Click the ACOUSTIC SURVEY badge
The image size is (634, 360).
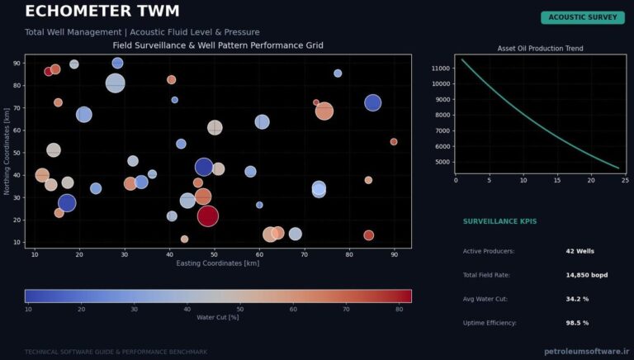tap(583, 17)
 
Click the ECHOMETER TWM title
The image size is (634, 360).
tap(102, 11)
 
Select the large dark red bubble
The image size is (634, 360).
tap(208, 216)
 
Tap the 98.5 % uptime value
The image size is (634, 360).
tap(577, 323)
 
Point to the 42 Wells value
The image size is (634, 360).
tap(580, 251)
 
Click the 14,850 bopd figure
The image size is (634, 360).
tap(587, 275)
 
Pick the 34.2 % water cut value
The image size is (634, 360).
tap(577, 299)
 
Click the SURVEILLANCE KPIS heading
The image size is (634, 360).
tap(499, 221)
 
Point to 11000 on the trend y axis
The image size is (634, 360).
tap(440, 69)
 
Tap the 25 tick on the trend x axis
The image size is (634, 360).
tap(625, 180)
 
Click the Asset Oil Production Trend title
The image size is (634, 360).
tap(540, 49)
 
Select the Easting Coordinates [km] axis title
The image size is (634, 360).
tap(218, 263)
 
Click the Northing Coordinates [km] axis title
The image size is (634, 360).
tap(7, 151)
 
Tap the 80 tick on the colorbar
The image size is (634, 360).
tap(399, 310)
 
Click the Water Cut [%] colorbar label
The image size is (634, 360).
tap(218, 318)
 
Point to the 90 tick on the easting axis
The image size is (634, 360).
tap(395, 255)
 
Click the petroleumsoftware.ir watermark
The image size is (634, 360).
tap(587, 351)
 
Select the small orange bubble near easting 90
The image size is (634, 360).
tap(394, 141)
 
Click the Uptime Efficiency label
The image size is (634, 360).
tap(490, 323)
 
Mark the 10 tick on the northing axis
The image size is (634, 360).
tap(18, 242)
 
